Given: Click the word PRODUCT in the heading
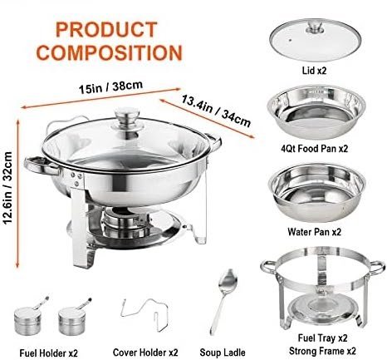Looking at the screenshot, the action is [106, 29].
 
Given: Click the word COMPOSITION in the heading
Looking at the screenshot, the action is [110, 52].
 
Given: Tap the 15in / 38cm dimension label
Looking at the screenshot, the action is [110, 87].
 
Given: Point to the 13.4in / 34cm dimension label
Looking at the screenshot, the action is [216, 111].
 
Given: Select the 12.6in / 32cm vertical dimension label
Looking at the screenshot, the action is [7, 188].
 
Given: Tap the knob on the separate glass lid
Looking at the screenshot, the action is [315, 27].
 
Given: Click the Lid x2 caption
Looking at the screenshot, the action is [314, 71].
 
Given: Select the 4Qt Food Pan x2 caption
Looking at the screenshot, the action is [314, 149].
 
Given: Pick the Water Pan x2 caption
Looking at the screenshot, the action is [315, 232].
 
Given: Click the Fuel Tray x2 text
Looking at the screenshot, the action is [322, 338].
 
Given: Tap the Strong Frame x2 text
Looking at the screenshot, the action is [322, 351].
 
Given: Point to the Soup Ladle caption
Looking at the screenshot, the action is [223, 353].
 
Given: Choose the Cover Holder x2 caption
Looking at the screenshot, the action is [145, 353].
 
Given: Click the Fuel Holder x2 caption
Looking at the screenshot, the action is [49, 353].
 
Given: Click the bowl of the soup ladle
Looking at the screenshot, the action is [228, 280].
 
